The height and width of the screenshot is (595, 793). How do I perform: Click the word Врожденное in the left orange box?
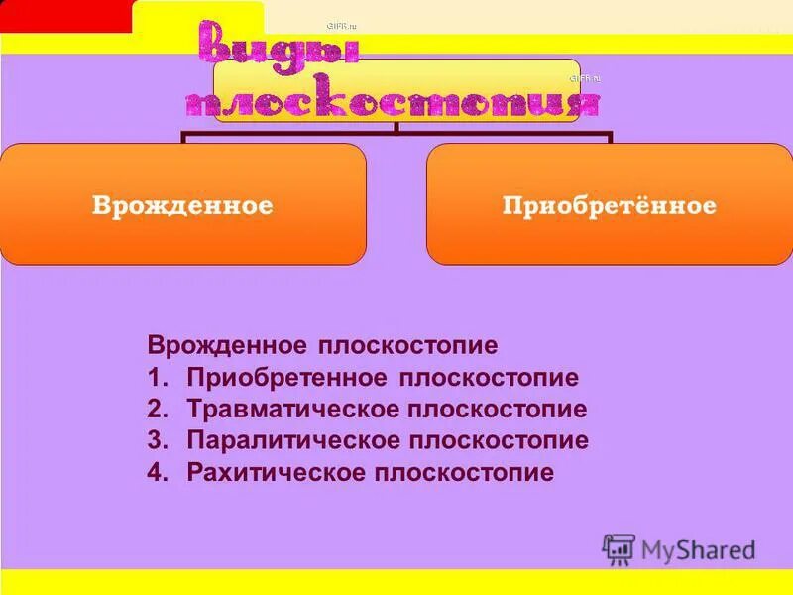[182, 206]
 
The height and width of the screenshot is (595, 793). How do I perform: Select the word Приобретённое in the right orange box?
[609, 206]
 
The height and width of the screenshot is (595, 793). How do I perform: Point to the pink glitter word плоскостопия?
[394, 103]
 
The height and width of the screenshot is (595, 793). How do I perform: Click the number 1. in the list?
[159, 378]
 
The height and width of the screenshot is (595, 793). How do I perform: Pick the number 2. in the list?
[159, 409]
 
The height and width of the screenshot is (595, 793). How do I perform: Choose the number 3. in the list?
[159, 440]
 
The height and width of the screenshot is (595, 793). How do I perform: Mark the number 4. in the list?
[159, 471]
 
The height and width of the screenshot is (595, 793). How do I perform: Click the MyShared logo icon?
[619, 548]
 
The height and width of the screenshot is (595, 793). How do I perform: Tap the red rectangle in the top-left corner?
[65, 16]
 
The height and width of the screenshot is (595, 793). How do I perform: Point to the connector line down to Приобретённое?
[611, 136]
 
